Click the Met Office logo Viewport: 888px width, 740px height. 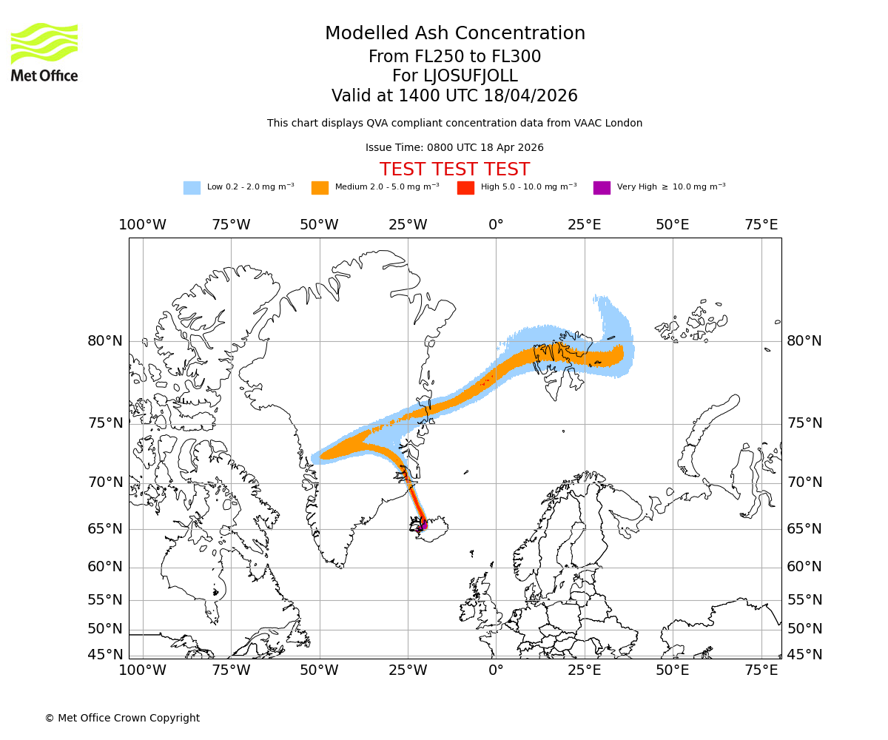pyautogui.click(x=44, y=52)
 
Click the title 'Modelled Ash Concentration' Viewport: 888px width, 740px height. pyautogui.click(x=454, y=34)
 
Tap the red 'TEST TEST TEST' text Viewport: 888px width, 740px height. pyautogui.click(x=454, y=169)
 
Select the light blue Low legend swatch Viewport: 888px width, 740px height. pyautogui.click(x=192, y=188)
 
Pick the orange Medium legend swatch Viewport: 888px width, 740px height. pyautogui.click(x=320, y=188)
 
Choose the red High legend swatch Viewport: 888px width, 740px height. pyautogui.click(x=465, y=188)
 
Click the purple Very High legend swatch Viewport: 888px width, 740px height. pyautogui.click(x=602, y=188)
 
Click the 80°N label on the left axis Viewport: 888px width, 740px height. pyautogui.click(x=105, y=341)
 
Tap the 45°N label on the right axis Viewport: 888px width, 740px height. pyautogui.click(x=804, y=655)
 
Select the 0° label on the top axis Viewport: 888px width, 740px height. pyautogui.click(x=496, y=225)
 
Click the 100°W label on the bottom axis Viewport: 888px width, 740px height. pyautogui.click(x=143, y=670)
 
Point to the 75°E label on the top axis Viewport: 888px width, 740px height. pyautogui.click(x=761, y=225)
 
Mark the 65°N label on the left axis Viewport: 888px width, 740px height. pyautogui.click(x=105, y=529)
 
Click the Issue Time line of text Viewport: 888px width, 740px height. pyautogui.click(x=454, y=148)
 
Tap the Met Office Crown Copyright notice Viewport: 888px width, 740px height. pyautogui.click(x=122, y=718)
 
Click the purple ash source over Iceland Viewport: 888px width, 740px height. pyautogui.click(x=421, y=528)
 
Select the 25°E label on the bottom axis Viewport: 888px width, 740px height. pyautogui.click(x=584, y=670)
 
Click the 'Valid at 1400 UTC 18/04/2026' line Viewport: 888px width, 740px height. pyautogui.click(x=454, y=96)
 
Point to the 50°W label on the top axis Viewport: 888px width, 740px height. pyautogui.click(x=319, y=225)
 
